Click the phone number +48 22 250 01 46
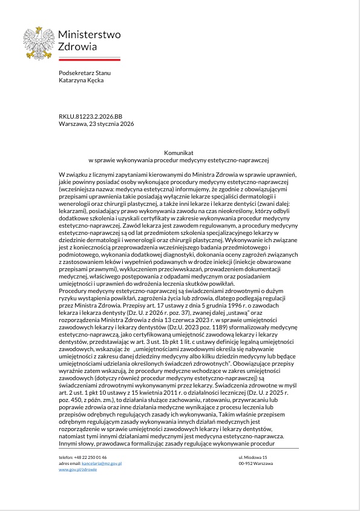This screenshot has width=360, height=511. pos(92,457)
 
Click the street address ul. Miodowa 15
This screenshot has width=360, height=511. pos(253,457)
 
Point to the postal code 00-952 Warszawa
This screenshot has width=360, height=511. pos(255,463)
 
